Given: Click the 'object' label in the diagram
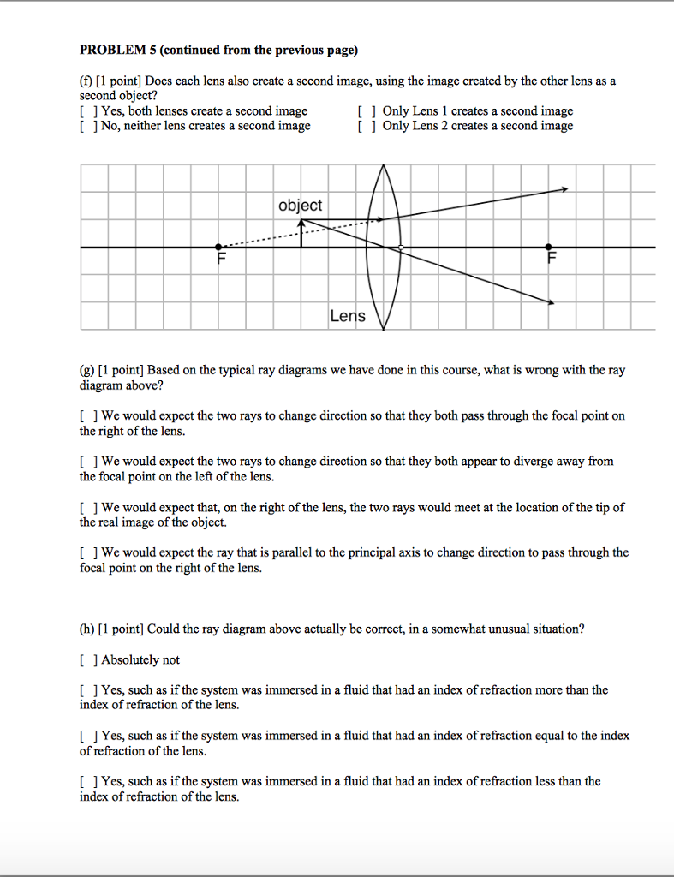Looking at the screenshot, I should point(301,206).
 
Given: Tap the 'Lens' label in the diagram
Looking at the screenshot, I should point(348,316).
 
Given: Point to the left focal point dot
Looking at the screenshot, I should point(219,248).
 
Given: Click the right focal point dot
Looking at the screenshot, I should point(549,248).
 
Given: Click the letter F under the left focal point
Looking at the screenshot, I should point(222,259).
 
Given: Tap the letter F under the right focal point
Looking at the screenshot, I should point(552,259).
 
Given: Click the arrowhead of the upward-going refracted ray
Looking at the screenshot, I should point(564,189).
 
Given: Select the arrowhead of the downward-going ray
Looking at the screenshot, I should point(551,301).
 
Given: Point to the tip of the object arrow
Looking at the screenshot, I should point(301,222).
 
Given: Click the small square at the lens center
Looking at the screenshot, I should point(400,248).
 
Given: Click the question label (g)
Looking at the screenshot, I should point(86,370).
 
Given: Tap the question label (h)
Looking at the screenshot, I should point(86,629).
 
